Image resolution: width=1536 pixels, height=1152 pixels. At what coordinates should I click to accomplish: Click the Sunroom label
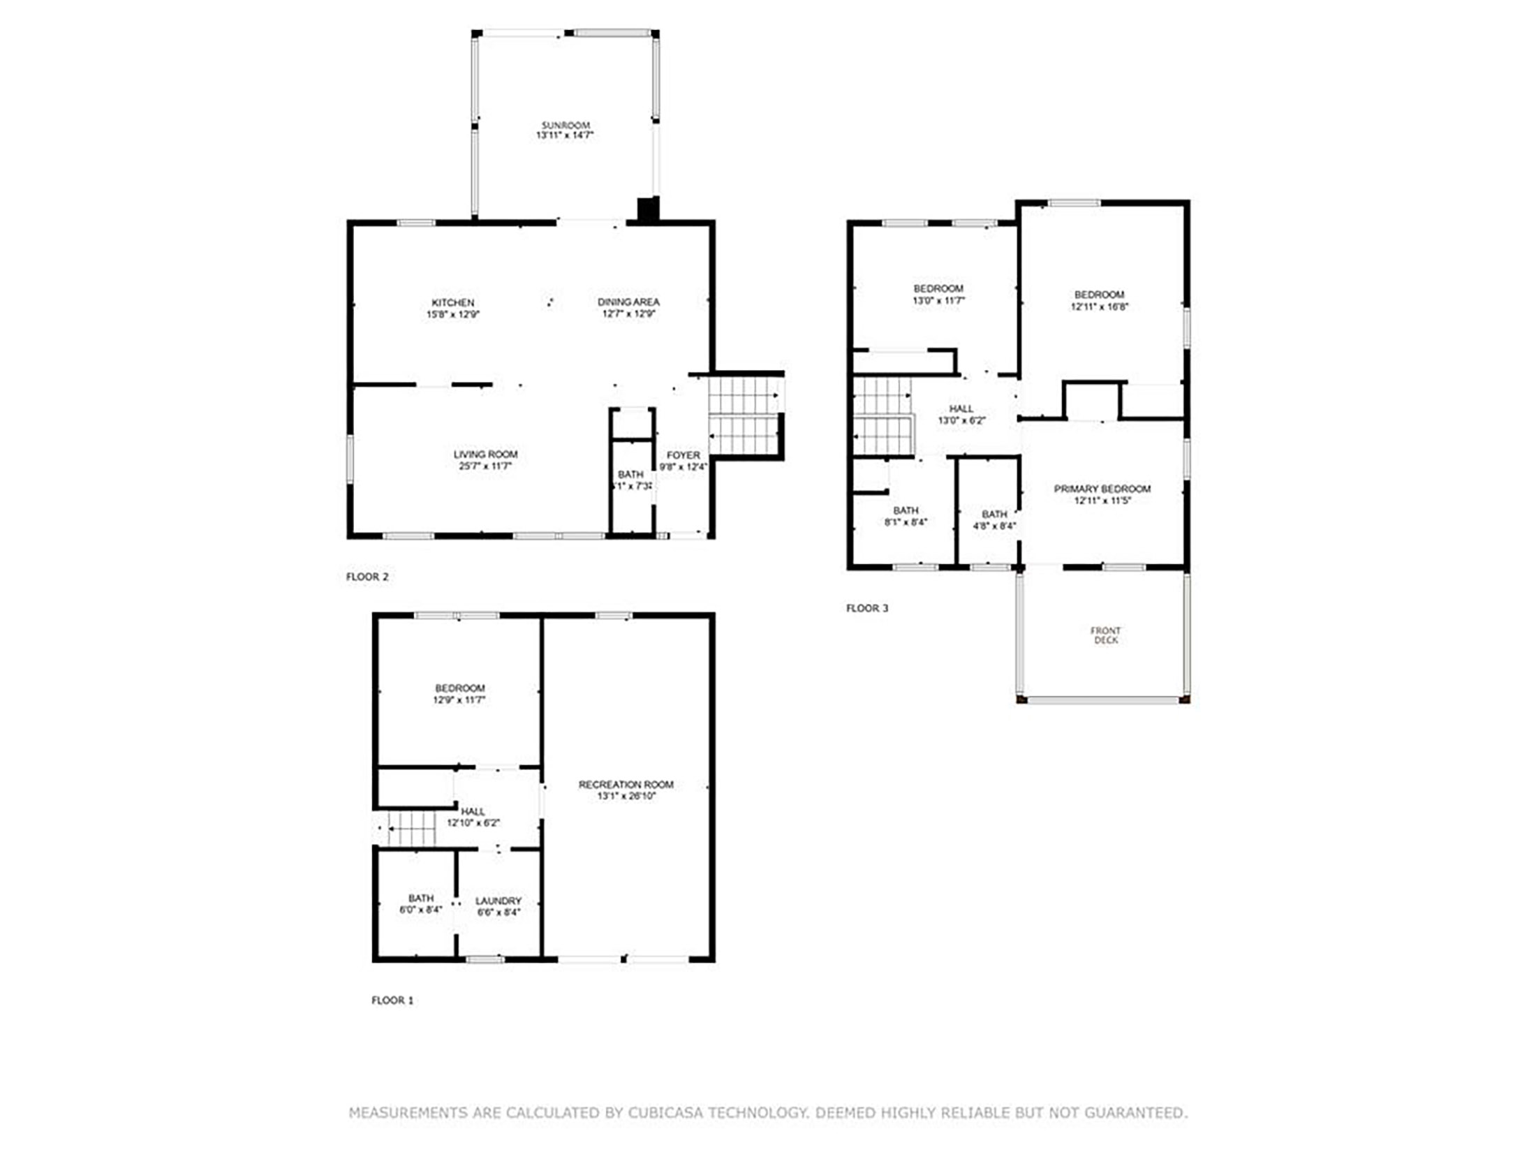coord(565,125)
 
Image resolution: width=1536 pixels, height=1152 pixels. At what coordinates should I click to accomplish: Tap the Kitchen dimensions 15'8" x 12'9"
coord(452,315)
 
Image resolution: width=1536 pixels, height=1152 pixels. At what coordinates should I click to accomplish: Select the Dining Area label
coord(628,302)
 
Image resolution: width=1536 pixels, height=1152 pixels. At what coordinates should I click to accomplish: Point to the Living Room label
coord(485,455)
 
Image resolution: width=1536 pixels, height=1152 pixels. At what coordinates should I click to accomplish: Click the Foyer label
coord(683,455)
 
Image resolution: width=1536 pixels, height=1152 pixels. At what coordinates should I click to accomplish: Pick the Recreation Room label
coord(626,785)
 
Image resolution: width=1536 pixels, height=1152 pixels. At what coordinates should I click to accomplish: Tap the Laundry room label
coord(498,901)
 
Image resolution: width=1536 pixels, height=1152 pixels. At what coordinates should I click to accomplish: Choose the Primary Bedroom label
coord(1102,489)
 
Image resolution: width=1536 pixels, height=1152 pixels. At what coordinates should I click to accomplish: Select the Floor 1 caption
coord(392,1000)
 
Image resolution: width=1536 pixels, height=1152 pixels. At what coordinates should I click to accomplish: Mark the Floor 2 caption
coord(367,577)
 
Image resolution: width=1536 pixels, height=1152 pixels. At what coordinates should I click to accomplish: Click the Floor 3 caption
coord(867,608)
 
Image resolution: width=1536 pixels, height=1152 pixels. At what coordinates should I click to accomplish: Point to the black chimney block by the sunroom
coord(648,209)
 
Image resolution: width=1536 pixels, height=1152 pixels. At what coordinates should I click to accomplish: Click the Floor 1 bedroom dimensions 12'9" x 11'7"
coord(459,700)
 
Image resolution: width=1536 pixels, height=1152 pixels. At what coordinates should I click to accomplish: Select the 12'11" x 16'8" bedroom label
coord(1099,307)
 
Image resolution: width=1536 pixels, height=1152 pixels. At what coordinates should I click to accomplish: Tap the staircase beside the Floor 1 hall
coord(412,829)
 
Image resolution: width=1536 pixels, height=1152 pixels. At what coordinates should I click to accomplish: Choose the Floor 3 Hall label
coord(961,408)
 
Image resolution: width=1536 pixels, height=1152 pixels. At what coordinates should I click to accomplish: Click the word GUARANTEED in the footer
coord(1133,1112)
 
